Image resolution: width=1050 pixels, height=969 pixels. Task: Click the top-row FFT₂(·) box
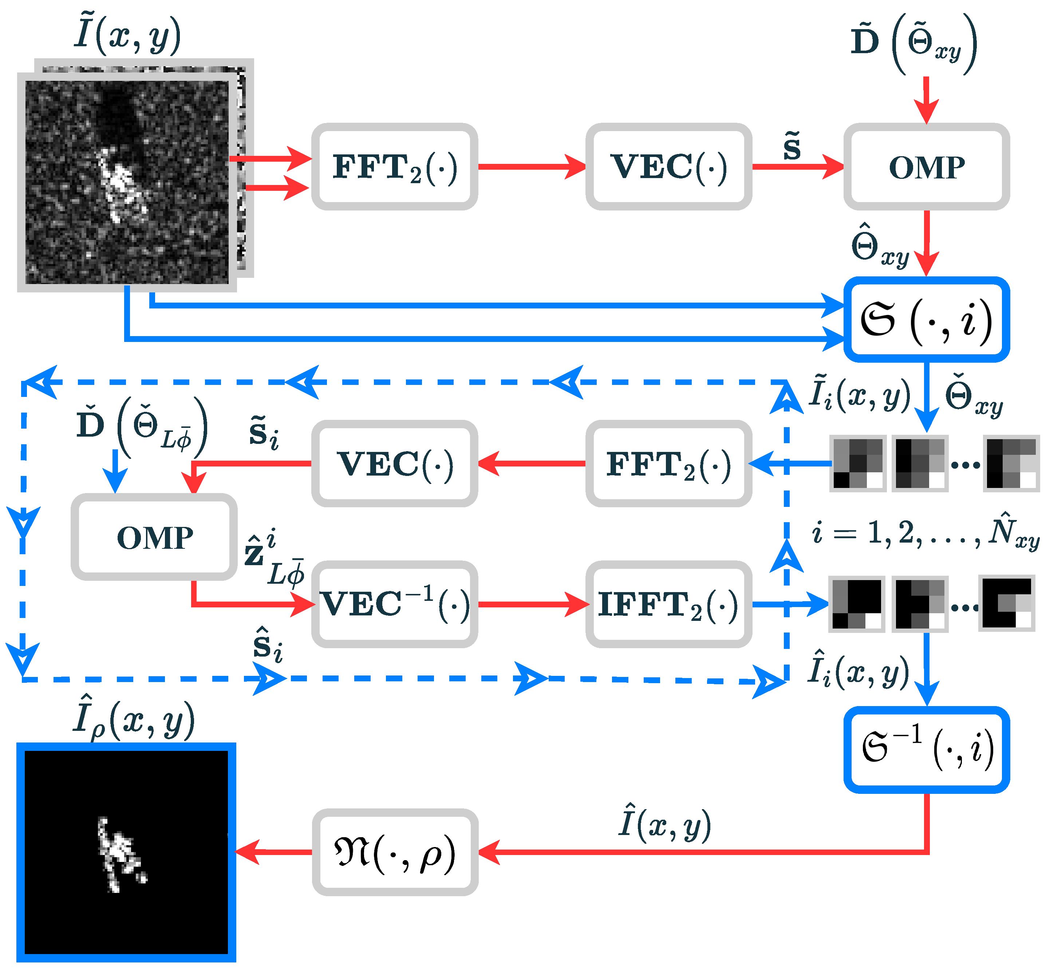(x=394, y=167)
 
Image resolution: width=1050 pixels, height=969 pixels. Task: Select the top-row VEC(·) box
(x=668, y=167)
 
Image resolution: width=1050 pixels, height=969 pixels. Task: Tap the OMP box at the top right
(x=926, y=167)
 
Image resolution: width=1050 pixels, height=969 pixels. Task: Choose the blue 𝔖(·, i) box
(x=926, y=319)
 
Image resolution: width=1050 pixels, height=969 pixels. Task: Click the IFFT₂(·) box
(x=668, y=604)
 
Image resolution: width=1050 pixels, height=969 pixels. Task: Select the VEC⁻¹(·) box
(x=394, y=604)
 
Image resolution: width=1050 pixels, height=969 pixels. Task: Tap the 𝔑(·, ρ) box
(x=394, y=852)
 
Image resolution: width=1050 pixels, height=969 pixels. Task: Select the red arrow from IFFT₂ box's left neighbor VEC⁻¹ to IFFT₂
(x=532, y=604)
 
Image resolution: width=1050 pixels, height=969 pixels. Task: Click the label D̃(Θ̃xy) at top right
(x=913, y=43)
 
